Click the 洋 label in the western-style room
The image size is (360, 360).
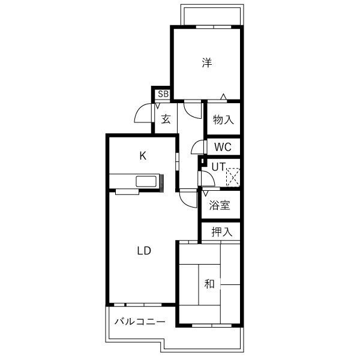(207, 62)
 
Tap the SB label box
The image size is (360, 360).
(163, 94)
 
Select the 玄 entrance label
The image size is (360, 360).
(166, 119)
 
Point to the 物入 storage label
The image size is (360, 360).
(223, 119)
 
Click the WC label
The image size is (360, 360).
(223, 147)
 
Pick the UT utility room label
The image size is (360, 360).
(219, 167)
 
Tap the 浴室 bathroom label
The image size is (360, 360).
(220, 205)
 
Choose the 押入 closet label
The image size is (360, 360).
(222, 232)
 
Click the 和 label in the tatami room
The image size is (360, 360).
(209, 284)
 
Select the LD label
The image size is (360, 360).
(144, 251)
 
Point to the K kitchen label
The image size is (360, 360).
(143, 156)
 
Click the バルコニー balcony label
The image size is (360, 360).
(140, 322)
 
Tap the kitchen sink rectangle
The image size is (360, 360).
(146, 181)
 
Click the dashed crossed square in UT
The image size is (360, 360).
(233, 177)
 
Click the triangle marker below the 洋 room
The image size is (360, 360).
(223, 97)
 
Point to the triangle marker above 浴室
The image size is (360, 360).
(205, 193)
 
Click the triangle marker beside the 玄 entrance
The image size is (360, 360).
(157, 106)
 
